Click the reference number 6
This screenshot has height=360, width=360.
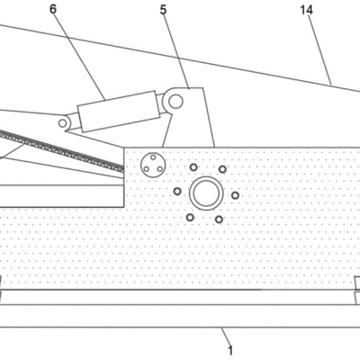pyautogui.click(x=53, y=10)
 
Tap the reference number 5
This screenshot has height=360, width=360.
pyautogui.click(x=163, y=10)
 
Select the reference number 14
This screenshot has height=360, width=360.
pyautogui.click(x=307, y=10)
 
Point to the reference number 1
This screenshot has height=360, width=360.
pyautogui.click(x=230, y=350)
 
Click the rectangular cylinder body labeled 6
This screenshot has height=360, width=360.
pyautogui.click(x=119, y=112)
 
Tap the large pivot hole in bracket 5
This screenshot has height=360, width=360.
pyautogui.click(x=175, y=101)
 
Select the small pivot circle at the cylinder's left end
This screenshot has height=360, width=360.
pyautogui.click(x=62, y=123)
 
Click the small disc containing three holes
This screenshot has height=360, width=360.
pyautogui.click(x=153, y=165)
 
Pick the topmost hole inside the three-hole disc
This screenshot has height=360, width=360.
pyautogui.click(x=153, y=157)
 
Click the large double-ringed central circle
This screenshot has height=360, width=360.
pyautogui.click(x=206, y=193)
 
